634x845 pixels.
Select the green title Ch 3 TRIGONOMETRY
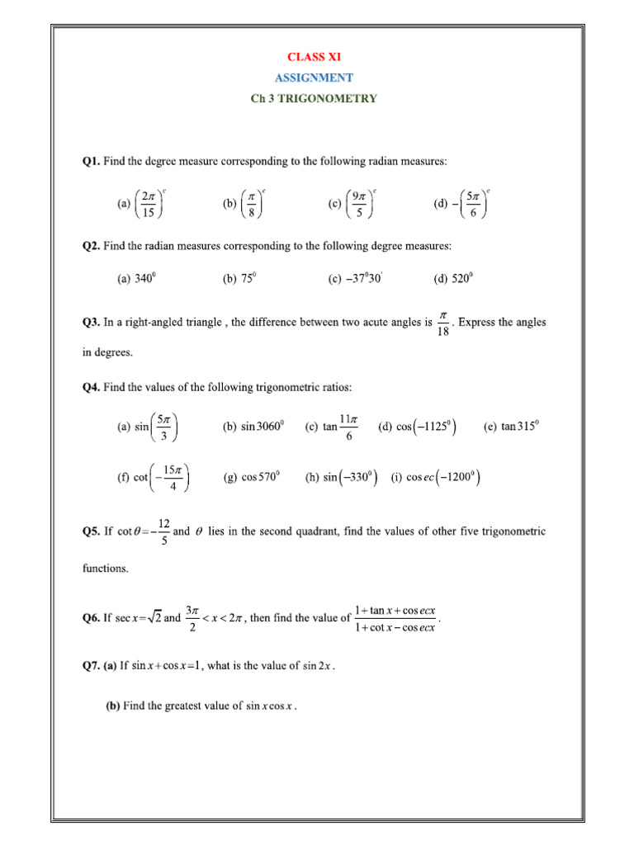point(314,98)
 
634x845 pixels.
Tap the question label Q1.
point(91,161)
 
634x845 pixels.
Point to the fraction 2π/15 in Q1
point(148,204)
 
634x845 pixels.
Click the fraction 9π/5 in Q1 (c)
point(358,204)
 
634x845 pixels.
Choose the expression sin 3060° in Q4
point(263,427)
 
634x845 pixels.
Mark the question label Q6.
point(91,619)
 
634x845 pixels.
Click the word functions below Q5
point(105,569)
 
